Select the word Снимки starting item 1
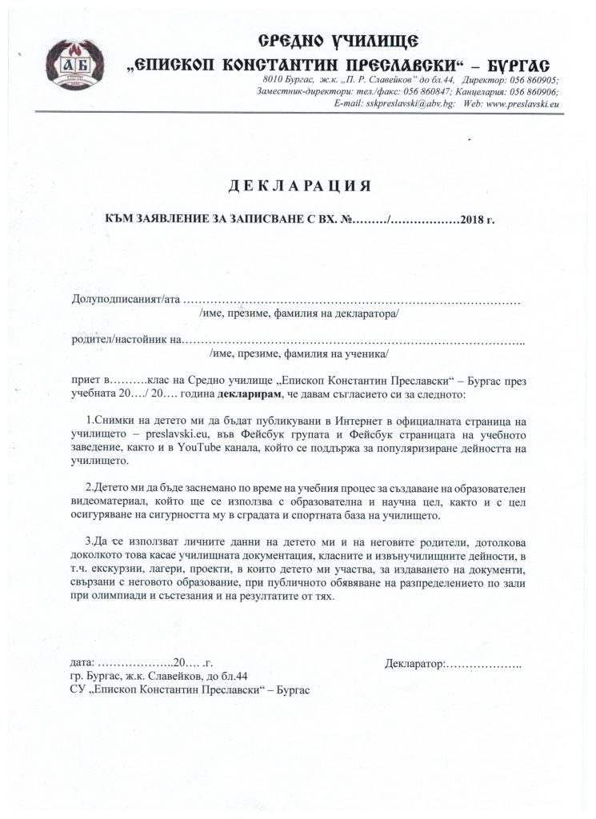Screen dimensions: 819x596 113,420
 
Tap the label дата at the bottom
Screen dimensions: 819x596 82,663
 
